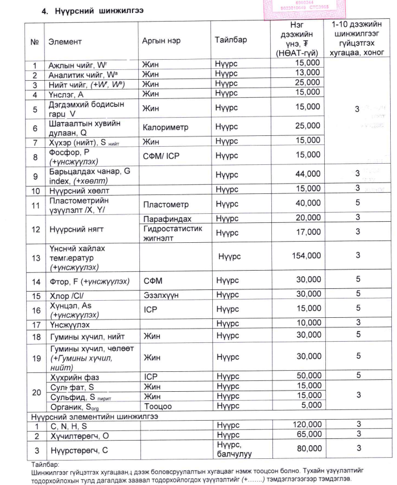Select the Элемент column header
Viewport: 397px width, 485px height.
[65, 42]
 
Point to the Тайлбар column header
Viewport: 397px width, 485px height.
[231, 42]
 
